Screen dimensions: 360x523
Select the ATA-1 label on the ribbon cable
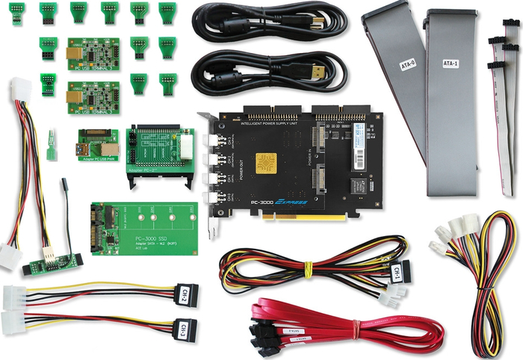pyautogui.click(x=451, y=63)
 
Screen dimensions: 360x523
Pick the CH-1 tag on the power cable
pyautogui.click(x=397, y=272)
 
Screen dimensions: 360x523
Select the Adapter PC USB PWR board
pyautogui.click(x=96, y=144)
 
